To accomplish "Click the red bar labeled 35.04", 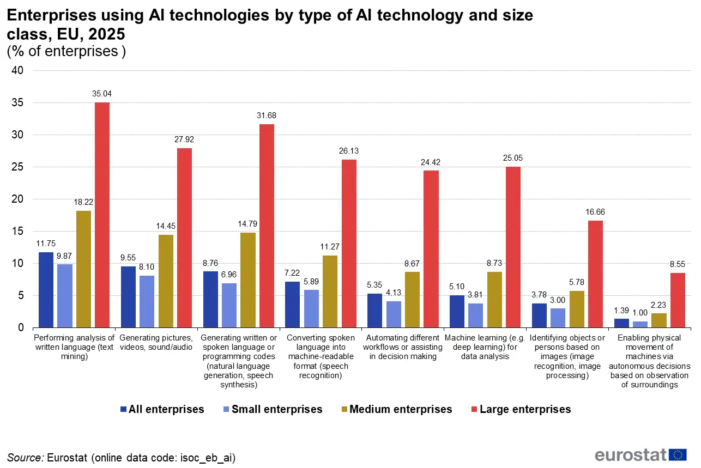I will click(x=102, y=215).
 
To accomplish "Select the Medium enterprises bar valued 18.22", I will click(x=83, y=269).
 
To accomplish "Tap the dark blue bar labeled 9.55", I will click(x=128, y=297).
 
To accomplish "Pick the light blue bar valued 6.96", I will click(x=229, y=305).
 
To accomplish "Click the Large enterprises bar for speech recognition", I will click(x=349, y=244).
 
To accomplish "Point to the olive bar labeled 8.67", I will click(x=412, y=300).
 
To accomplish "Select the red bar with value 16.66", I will click(x=595, y=274).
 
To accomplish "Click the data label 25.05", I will click(x=513, y=158).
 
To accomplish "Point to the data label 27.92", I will click(x=184, y=139).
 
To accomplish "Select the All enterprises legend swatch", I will click(x=123, y=409).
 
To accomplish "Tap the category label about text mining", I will click(x=74, y=347).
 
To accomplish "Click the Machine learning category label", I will click(x=485, y=347).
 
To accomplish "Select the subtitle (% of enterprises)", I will click(x=66, y=52).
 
